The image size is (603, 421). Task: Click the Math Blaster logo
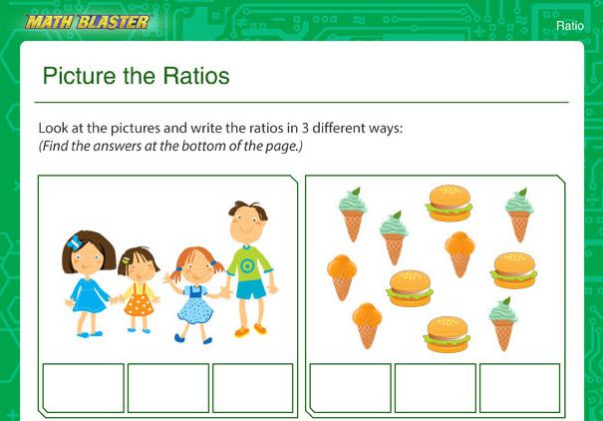88,21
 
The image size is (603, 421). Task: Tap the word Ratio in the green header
570,26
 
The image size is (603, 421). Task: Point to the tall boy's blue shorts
250,289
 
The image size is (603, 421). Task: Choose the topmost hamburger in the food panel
449,203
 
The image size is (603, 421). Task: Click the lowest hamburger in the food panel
448,334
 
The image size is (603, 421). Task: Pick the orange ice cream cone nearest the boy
341,276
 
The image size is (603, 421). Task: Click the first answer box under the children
84,388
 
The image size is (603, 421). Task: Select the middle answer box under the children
168,388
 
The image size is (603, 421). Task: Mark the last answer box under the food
520,388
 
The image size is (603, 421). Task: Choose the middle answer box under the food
436,388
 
